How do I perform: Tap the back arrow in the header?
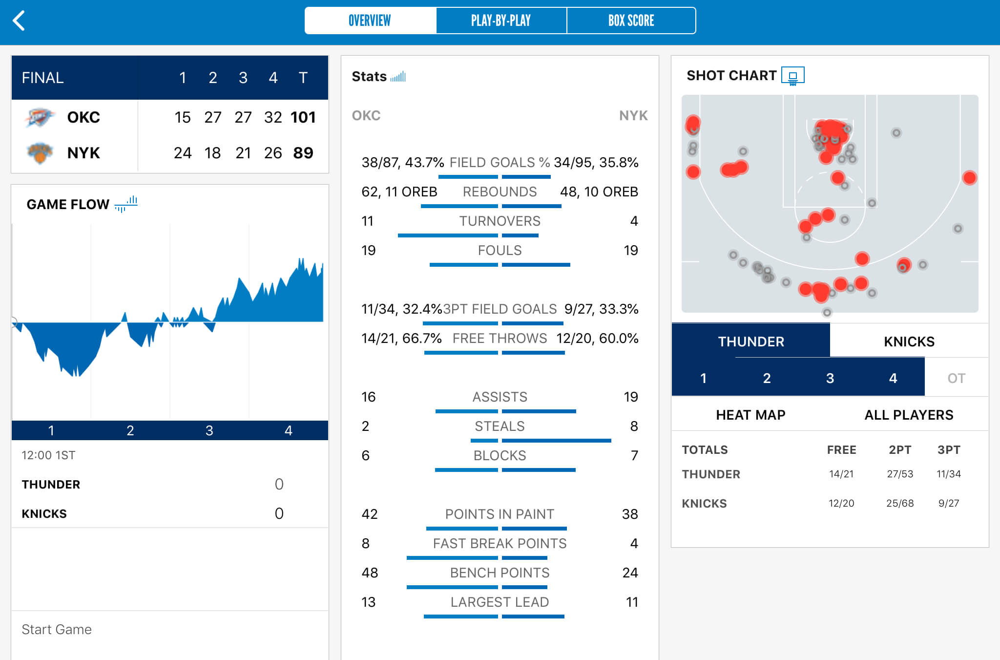tap(19, 21)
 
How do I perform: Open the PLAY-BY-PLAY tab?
tap(501, 21)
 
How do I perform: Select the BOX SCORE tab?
tap(631, 21)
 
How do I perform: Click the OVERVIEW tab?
tap(370, 21)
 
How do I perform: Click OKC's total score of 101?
tap(303, 117)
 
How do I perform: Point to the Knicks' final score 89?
tap(303, 153)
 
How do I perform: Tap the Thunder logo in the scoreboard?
tap(39, 117)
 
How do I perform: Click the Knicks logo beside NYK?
tap(39, 153)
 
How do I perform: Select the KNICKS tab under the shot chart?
tap(909, 341)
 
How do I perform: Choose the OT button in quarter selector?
tap(956, 378)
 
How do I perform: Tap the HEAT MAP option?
tap(750, 415)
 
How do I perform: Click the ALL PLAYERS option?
tap(909, 415)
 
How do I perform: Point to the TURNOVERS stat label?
tap(500, 221)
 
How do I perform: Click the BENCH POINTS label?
tap(500, 573)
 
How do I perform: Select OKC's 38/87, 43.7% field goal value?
tap(403, 163)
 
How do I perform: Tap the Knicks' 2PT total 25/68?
tap(900, 503)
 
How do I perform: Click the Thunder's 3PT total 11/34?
tap(949, 474)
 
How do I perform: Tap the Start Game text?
tap(57, 629)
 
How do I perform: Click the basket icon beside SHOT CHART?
tap(792, 76)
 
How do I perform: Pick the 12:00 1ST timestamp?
tap(48, 455)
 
